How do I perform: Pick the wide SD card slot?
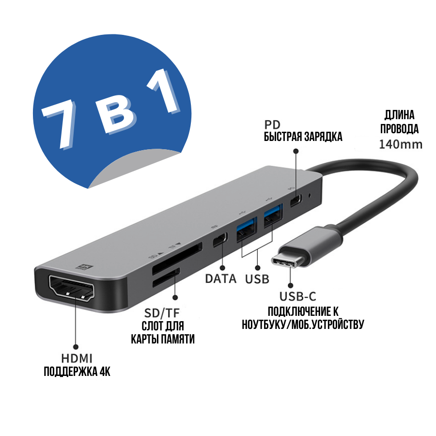point(177,259)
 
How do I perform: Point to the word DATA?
point(221,279)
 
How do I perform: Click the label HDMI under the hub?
point(77,358)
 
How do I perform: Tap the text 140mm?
point(401,144)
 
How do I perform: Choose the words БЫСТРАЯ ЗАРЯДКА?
point(303,137)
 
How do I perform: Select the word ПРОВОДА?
point(399,129)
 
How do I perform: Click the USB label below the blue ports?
point(257,279)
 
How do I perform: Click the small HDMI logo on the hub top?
point(86,266)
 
